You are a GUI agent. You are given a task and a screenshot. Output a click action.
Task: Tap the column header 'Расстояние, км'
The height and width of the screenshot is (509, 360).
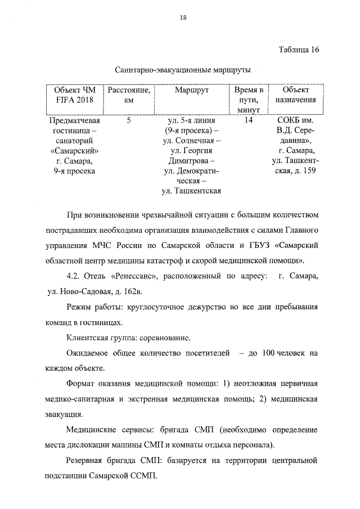[x=128, y=94]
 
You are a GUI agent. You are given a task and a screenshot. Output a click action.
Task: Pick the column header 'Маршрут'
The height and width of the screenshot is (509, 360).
[x=190, y=89]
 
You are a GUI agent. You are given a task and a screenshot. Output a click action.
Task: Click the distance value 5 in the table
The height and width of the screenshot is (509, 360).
[x=128, y=120]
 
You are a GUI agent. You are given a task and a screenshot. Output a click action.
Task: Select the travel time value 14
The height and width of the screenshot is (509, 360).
[x=248, y=120]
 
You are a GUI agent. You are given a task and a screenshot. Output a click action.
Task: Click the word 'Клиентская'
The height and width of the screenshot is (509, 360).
[x=87, y=338]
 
